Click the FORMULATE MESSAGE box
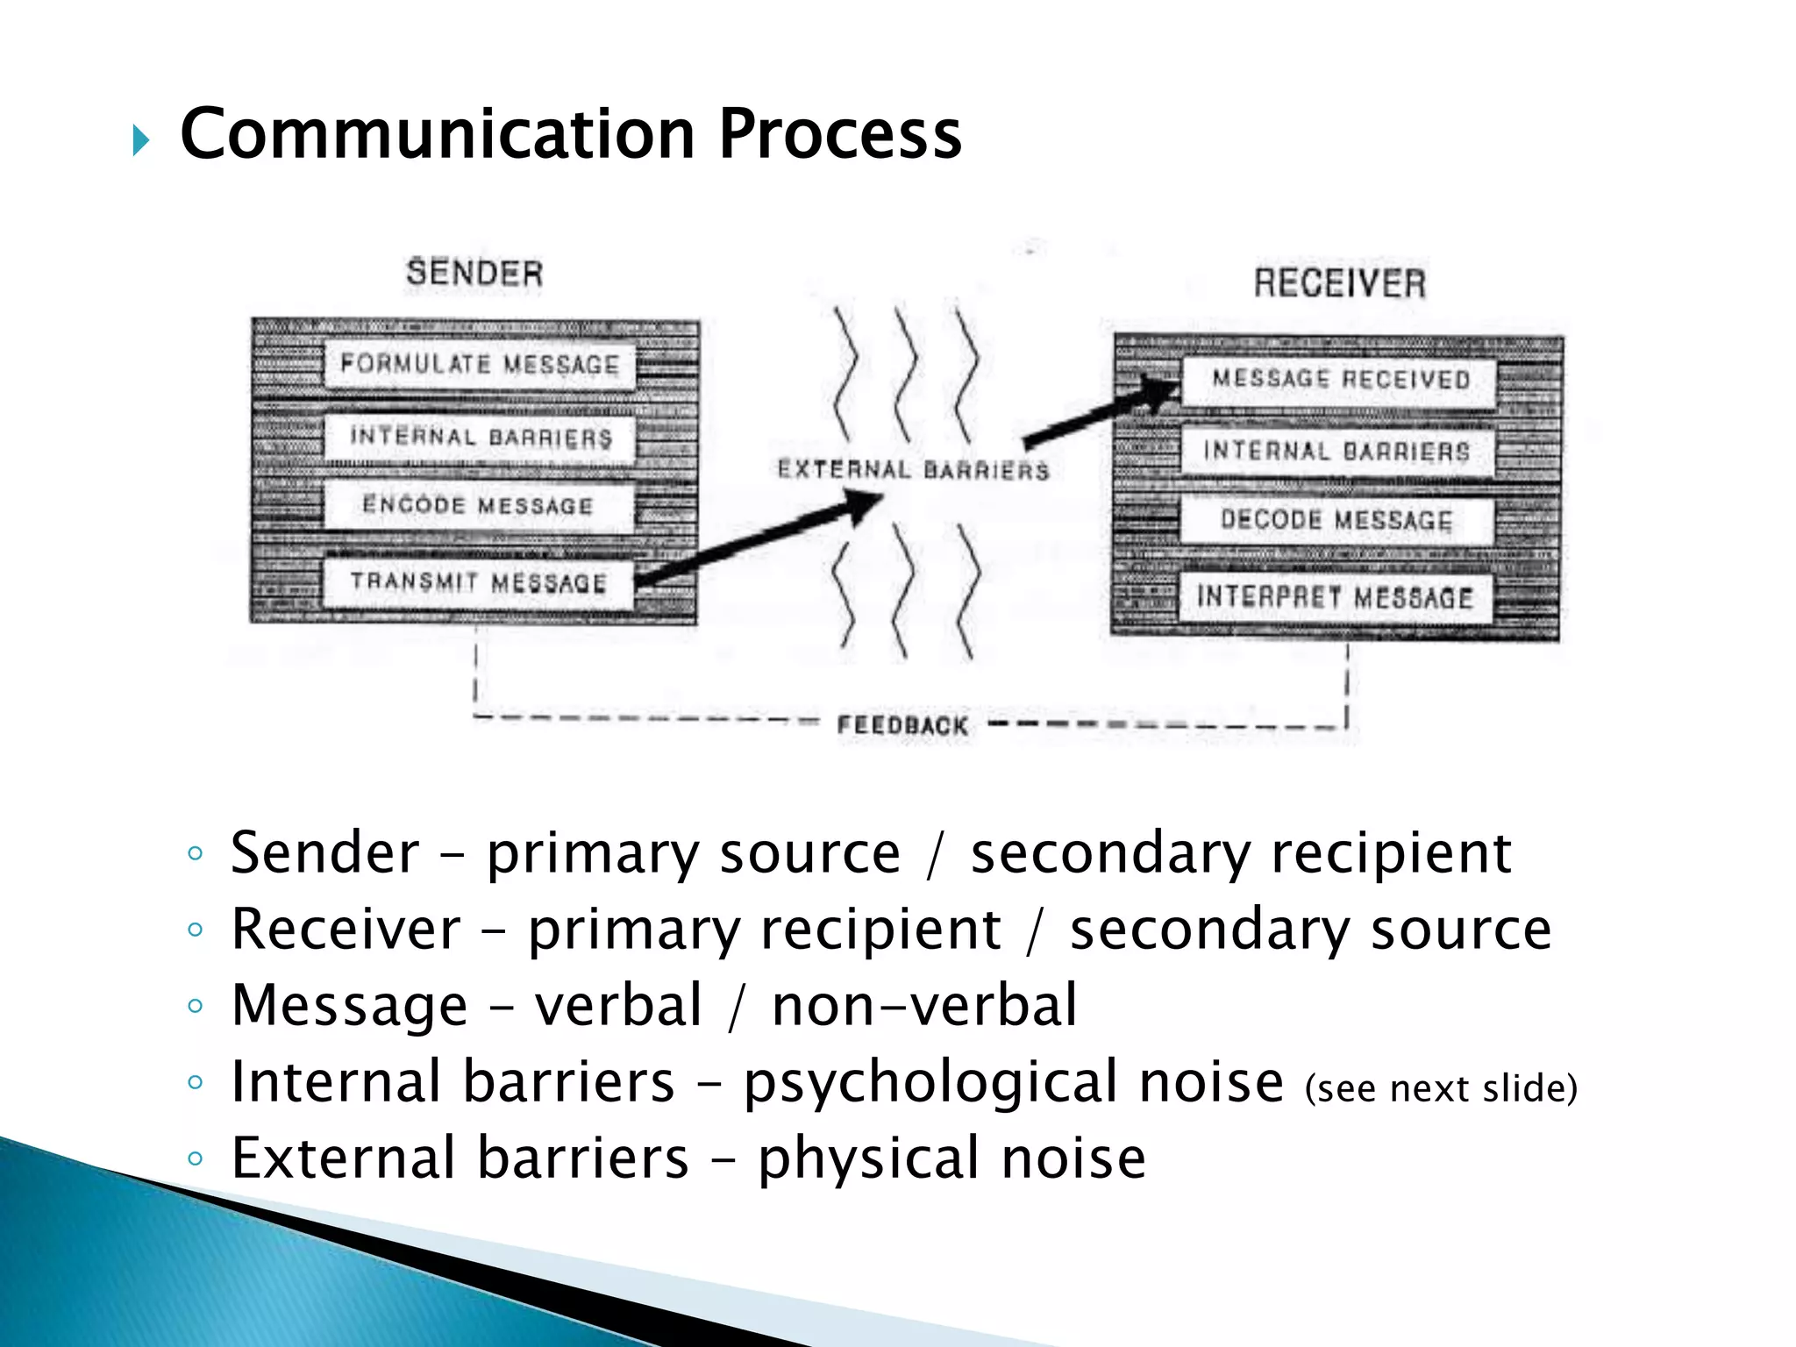479,364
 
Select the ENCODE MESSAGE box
479,506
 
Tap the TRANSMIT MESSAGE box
479,582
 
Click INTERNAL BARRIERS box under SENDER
479,437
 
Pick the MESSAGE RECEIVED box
1339,380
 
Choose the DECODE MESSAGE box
1336,520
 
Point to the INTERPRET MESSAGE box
1335,598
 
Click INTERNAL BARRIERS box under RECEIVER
1336,452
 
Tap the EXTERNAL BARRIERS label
913,471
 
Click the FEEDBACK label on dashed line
902,726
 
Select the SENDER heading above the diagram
474,273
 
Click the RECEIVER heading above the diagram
1339,283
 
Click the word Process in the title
839,134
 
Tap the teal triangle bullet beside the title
141,140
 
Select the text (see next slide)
1441,1088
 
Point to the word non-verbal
923,1006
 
